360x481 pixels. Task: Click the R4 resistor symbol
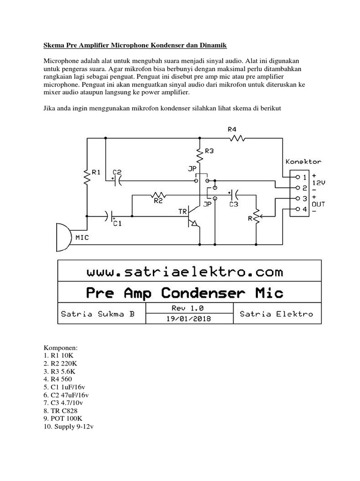point(237,138)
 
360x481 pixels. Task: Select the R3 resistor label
point(209,151)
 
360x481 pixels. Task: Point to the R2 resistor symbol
point(158,194)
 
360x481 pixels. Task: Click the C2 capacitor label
point(117,172)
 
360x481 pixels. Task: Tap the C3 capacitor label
point(233,204)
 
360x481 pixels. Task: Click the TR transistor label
point(182,212)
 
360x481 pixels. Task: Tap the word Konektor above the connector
point(303,162)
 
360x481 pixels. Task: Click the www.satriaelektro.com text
point(185,272)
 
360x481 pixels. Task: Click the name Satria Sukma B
point(98,314)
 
